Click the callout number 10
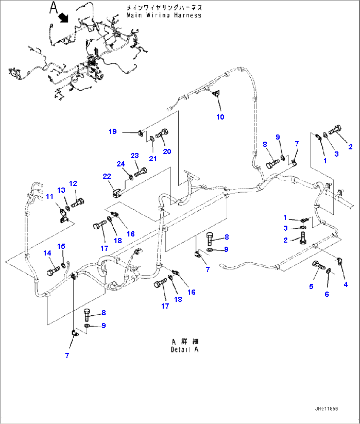(220, 117)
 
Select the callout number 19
(113, 132)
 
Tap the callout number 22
(107, 176)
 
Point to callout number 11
(50, 197)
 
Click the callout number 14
(47, 253)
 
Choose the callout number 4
(346, 284)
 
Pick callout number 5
(311, 287)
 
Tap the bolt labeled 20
(162, 134)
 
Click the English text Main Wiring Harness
(164, 15)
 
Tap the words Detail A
(185, 350)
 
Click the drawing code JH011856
(326, 409)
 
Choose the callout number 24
(121, 164)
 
